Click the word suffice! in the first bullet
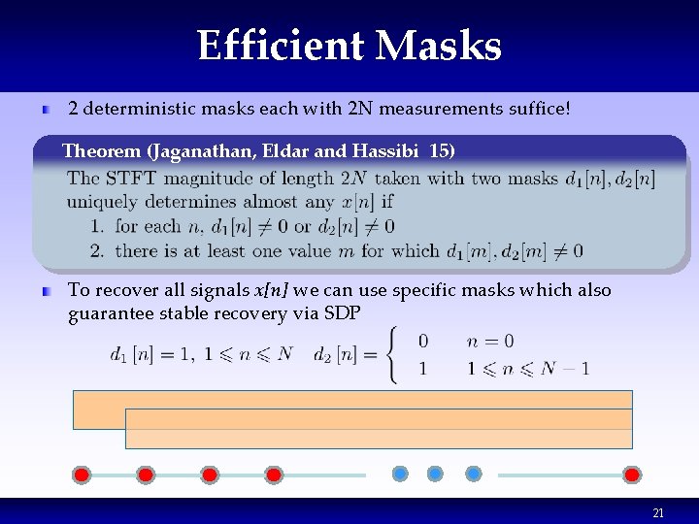[x=532, y=109]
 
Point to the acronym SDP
[x=344, y=313]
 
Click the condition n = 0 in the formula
[x=490, y=342]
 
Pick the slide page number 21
[x=658, y=512]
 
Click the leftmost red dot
[x=83, y=475]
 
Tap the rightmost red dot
[x=632, y=475]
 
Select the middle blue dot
[x=436, y=474]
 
